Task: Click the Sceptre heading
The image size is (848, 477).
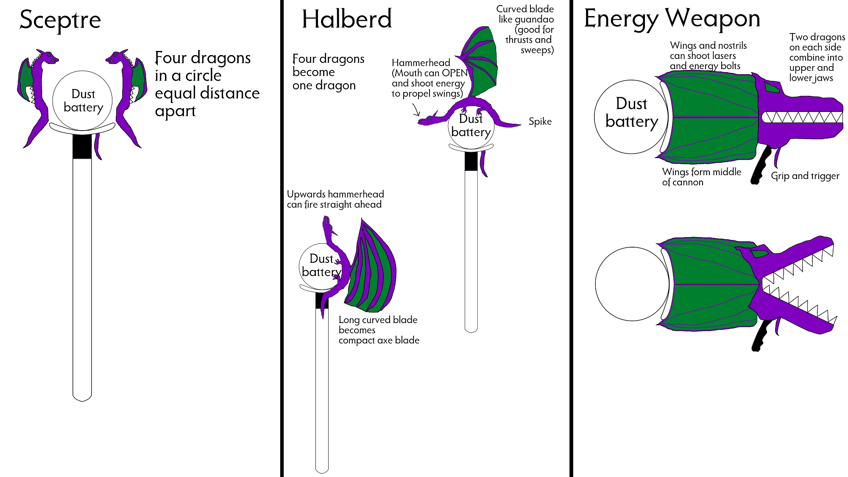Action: (60, 20)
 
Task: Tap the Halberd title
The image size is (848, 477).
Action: (347, 20)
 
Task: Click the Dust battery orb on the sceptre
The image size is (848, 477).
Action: (82, 100)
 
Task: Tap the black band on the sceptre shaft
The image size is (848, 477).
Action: (82, 147)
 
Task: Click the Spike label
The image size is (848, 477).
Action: (540, 122)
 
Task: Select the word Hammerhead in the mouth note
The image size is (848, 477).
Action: (421, 63)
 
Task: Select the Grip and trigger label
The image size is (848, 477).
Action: (805, 176)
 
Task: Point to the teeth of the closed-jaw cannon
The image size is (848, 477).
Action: (801, 117)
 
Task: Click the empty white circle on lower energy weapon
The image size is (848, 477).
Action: (632, 284)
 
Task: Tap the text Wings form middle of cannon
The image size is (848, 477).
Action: (701, 177)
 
